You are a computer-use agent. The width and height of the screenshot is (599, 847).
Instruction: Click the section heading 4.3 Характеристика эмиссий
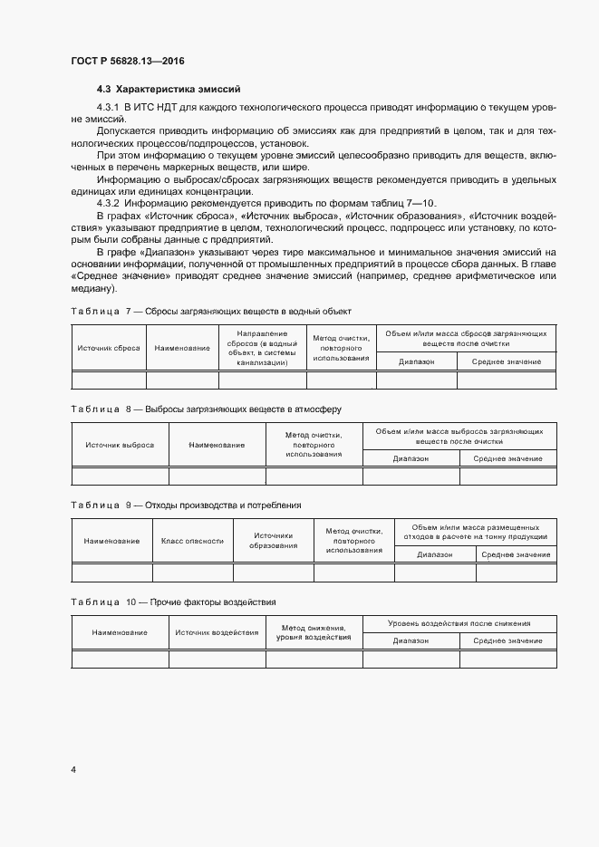[x=168, y=90]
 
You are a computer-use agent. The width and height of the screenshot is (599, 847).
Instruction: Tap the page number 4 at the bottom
[x=72, y=770]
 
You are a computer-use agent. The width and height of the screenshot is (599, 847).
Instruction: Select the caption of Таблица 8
[x=206, y=409]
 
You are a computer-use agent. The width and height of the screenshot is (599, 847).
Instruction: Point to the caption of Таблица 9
[x=186, y=505]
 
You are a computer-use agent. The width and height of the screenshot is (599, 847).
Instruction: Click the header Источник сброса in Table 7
[x=109, y=348]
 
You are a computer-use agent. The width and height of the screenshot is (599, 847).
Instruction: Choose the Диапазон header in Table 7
[x=416, y=361]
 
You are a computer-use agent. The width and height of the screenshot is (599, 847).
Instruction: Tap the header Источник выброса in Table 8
[x=120, y=445]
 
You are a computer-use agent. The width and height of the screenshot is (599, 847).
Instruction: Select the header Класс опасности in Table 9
[x=192, y=541]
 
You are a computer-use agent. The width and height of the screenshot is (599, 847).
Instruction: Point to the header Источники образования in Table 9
[x=274, y=541]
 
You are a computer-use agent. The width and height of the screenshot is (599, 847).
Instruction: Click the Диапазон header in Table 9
[x=435, y=553]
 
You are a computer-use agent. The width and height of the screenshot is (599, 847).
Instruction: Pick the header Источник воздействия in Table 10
[x=217, y=632]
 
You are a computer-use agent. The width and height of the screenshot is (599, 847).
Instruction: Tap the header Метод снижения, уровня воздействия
[x=314, y=632]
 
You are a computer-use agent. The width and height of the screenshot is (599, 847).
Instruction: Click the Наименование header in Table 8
[x=217, y=445]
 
